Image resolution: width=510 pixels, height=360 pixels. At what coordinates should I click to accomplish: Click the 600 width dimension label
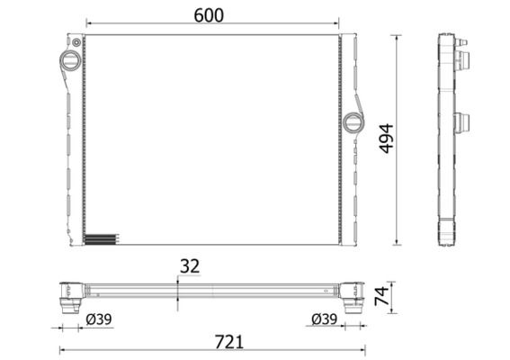pyautogui.click(x=209, y=15)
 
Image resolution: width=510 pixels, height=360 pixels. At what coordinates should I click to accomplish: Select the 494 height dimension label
pyautogui.click(x=387, y=139)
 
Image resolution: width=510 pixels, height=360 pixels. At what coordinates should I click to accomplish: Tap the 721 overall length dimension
pyautogui.click(x=229, y=342)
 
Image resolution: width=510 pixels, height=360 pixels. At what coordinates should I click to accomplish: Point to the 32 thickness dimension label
pyautogui.click(x=190, y=266)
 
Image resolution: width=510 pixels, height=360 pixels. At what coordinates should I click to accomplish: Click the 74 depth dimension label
pyautogui.click(x=382, y=296)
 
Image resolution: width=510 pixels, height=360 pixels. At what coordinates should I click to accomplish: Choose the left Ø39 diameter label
pyautogui.click(x=99, y=319)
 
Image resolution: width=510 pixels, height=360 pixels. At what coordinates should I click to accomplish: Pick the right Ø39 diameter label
pyautogui.click(x=325, y=319)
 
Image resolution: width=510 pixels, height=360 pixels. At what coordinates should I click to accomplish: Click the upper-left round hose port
pyautogui.click(x=70, y=60)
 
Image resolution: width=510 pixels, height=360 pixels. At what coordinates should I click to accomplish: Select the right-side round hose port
pyautogui.click(x=353, y=123)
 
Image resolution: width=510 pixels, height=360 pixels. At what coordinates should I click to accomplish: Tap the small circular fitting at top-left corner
pyautogui.click(x=76, y=42)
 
